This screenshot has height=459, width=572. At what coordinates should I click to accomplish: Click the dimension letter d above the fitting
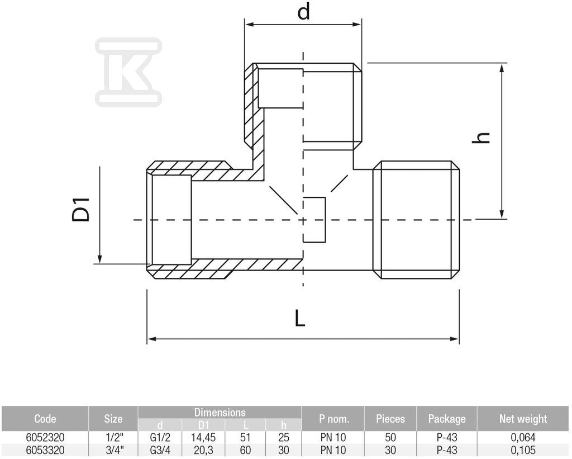coord(303,11)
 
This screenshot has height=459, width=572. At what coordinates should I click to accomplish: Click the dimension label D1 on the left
coord(80,209)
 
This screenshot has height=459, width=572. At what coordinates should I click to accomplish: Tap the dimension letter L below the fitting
coord(299,318)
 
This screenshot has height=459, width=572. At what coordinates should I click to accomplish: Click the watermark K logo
coord(128,72)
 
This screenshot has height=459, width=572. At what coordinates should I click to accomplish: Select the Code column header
coord(45,419)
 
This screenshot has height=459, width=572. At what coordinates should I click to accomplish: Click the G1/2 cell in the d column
coord(160,437)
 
